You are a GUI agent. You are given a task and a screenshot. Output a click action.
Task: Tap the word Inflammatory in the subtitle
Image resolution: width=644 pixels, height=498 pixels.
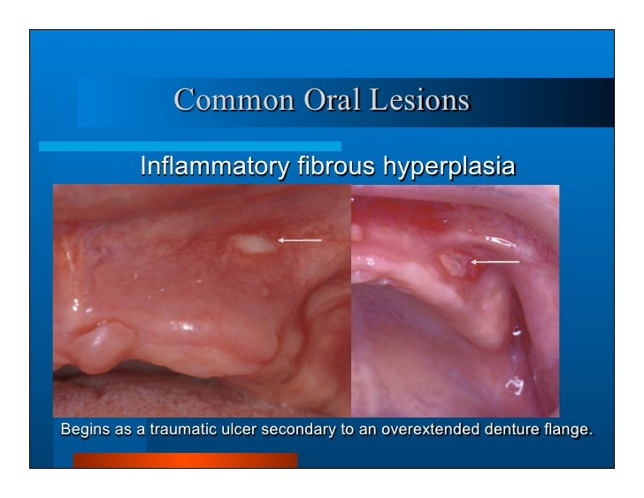tap(208, 165)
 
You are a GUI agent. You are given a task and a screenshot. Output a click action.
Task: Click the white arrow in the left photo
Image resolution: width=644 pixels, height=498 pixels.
tap(299, 240)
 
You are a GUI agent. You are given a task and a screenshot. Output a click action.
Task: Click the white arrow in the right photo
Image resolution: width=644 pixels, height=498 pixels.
tap(494, 262)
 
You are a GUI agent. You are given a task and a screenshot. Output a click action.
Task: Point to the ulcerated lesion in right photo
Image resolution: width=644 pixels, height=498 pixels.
tap(451, 264)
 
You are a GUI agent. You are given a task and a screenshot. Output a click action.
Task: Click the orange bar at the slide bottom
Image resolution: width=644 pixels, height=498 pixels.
tap(185, 460)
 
